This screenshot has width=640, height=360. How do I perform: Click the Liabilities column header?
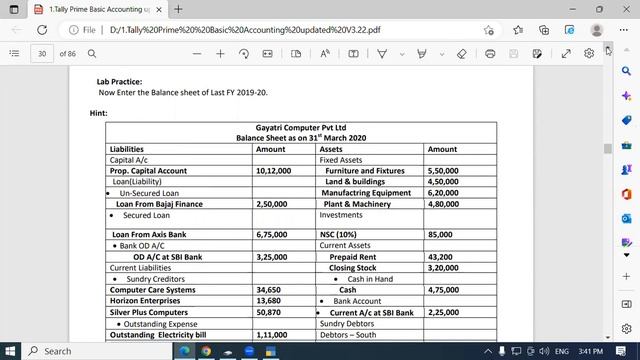(x=126, y=149)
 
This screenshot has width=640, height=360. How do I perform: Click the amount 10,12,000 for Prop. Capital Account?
(x=273, y=171)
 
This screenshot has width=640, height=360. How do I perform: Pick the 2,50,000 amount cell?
(x=272, y=204)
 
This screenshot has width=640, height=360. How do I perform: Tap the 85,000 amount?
(x=439, y=234)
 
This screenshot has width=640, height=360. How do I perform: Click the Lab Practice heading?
(x=119, y=81)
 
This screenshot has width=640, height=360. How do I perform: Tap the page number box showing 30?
(x=42, y=53)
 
